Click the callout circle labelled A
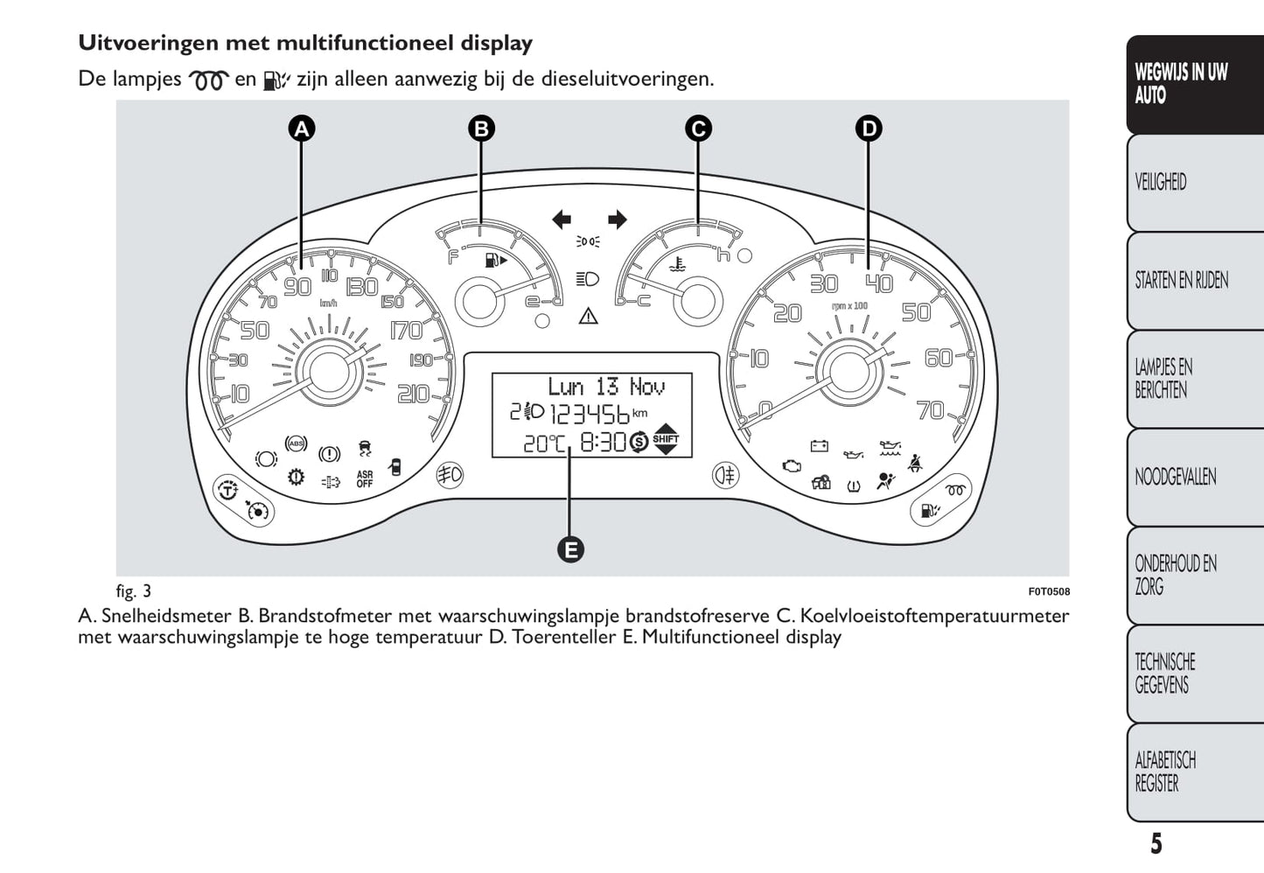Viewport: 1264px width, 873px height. pyautogui.click(x=302, y=129)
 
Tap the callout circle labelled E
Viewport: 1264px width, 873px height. pyautogui.click(x=570, y=549)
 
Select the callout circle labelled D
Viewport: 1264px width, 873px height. pyautogui.click(x=869, y=129)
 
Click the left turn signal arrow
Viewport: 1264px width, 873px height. pyautogui.click(x=562, y=220)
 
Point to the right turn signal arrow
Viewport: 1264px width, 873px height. pyautogui.click(x=618, y=220)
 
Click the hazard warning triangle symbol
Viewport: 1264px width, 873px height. pyautogui.click(x=588, y=316)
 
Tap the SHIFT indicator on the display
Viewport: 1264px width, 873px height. pyautogui.click(x=666, y=439)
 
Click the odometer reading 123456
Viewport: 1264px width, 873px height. pyautogui.click(x=589, y=415)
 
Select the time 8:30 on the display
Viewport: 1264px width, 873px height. pyautogui.click(x=604, y=443)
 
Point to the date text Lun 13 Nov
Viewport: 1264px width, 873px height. pyautogui.click(x=606, y=388)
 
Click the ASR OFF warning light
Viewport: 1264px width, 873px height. pyautogui.click(x=365, y=479)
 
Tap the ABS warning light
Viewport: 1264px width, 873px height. pyautogui.click(x=297, y=443)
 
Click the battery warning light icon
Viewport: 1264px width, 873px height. pyautogui.click(x=820, y=446)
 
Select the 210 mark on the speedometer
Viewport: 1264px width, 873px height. pyautogui.click(x=414, y=394)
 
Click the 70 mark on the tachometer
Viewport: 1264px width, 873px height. pyautogui.click(x=931, y=410)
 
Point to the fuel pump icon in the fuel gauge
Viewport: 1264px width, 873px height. pyautogui.click(x=496, y=260)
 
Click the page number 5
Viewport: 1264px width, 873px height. pyautogui.click(x=1156, y=844)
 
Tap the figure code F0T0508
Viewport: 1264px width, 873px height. pyautogui.click(x=1049, y=591)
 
